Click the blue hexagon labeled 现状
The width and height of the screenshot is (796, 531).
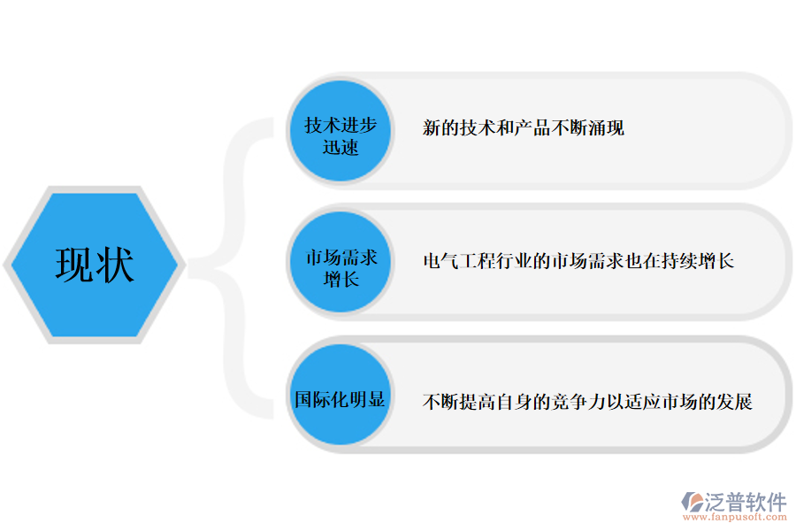(x=95, y=265)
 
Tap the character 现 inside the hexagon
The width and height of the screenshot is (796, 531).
(x=75, y=265)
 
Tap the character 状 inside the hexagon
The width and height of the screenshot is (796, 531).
(x=115, y=265)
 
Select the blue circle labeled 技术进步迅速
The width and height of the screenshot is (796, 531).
(x=341, y=133)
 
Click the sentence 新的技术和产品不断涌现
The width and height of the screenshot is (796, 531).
(x=524, y=128)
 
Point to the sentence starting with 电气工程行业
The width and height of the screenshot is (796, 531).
(x=578, y=261)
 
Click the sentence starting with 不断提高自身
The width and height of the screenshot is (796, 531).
(x=587, y=402)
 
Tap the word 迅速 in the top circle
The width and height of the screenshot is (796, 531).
(x=341, y=147)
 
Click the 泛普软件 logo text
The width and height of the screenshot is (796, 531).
(x=746, y=502)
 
